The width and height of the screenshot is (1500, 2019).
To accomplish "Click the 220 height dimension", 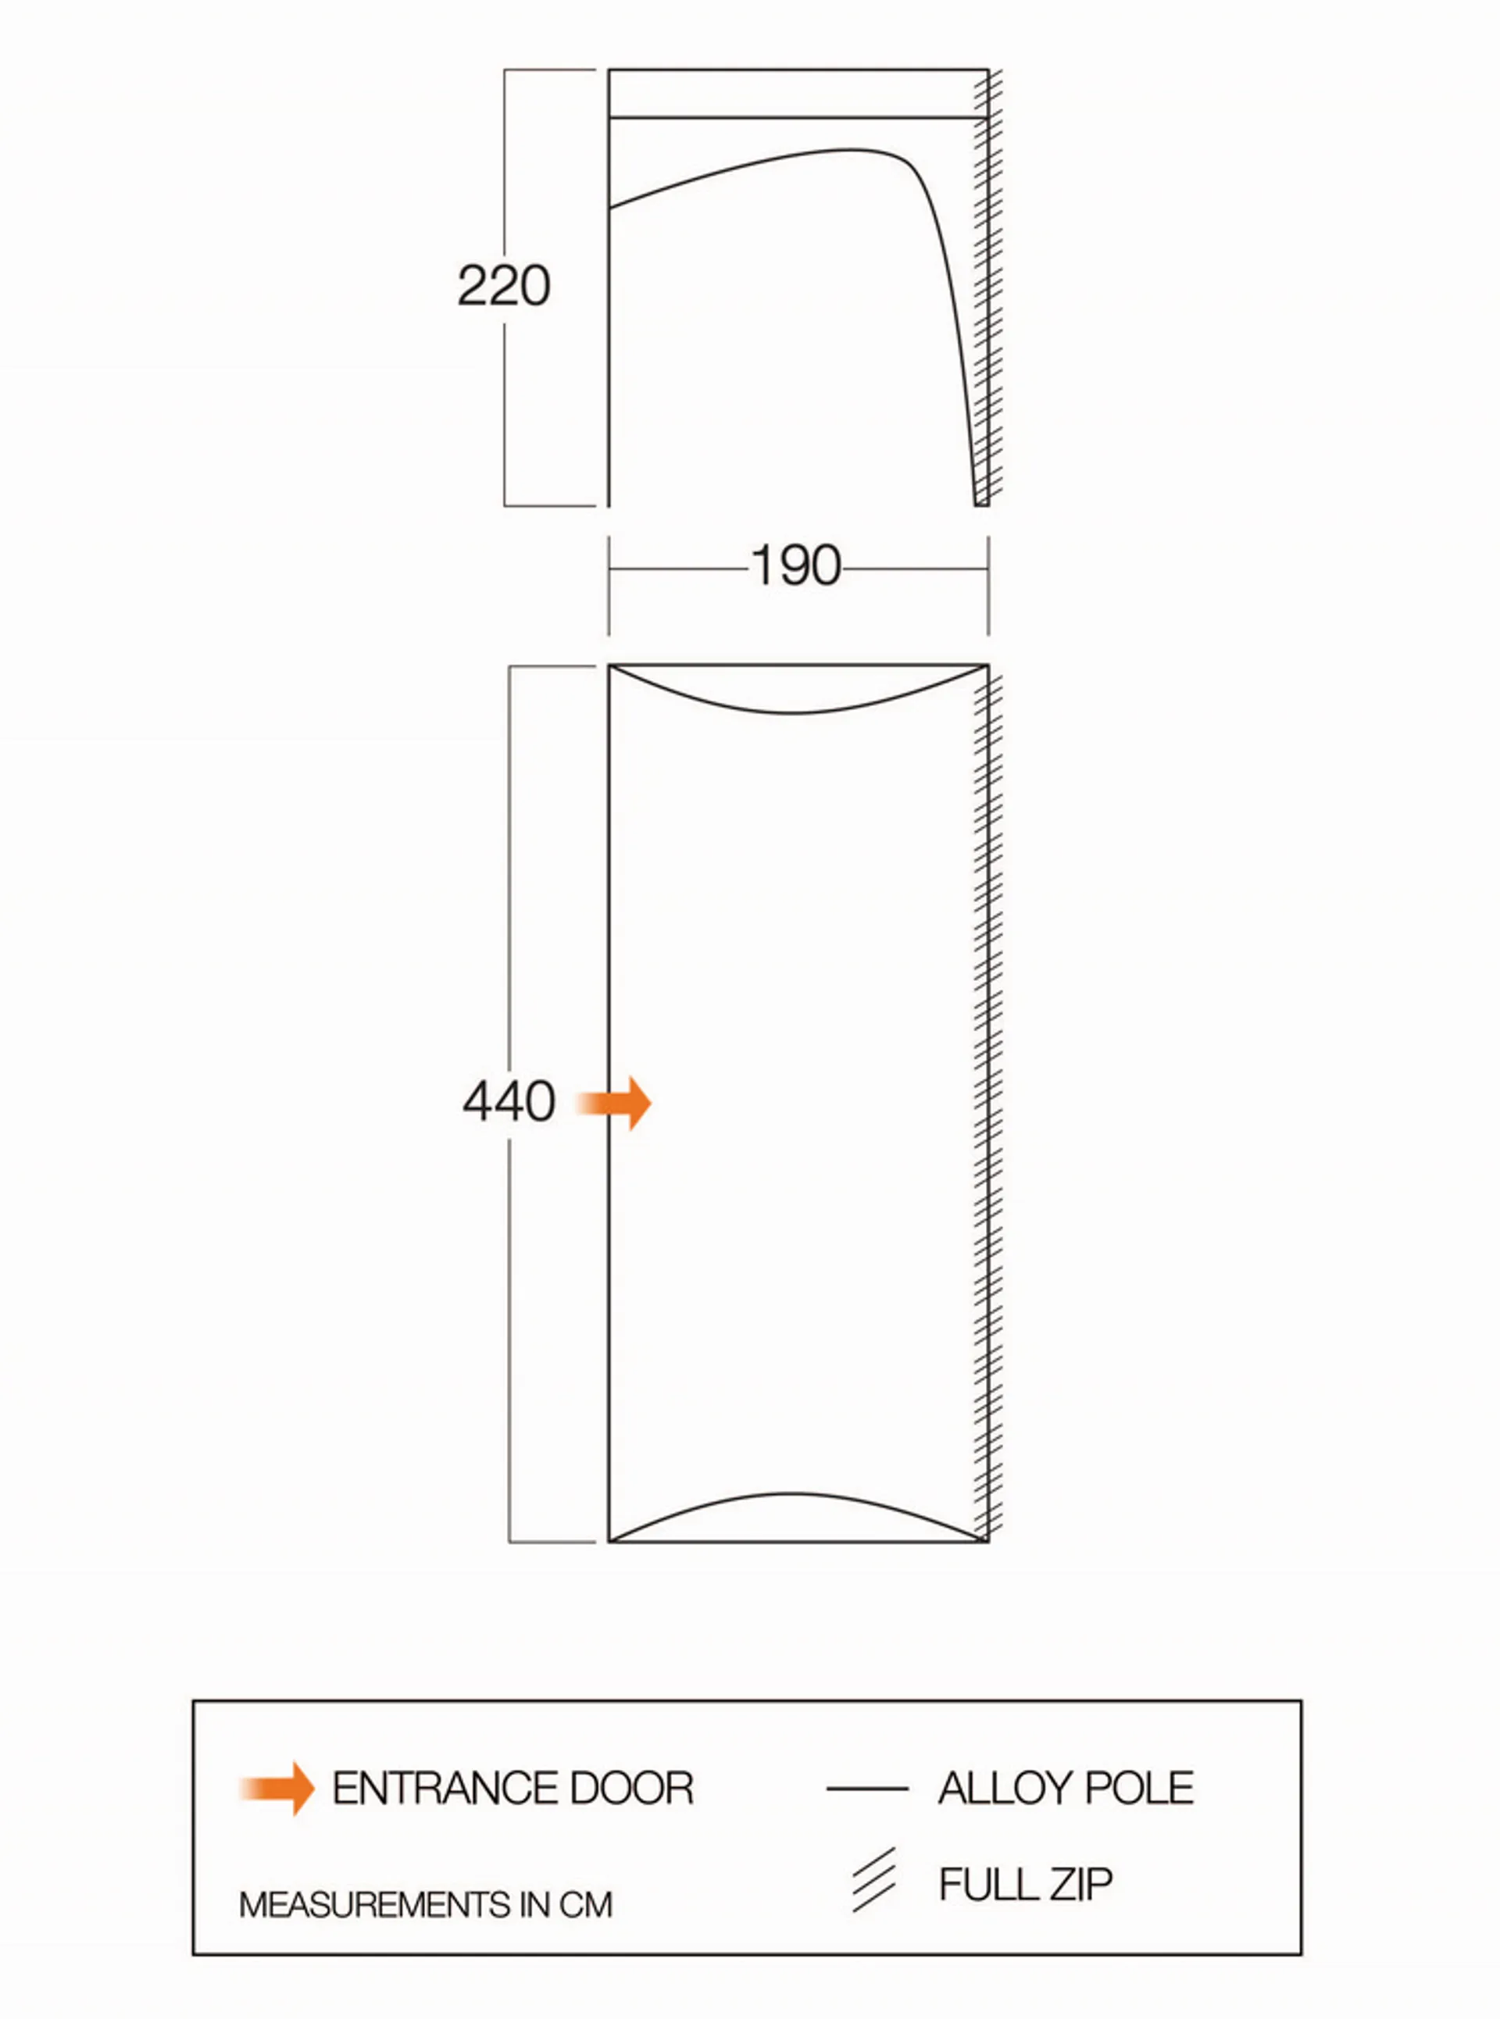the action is tap(504, 285).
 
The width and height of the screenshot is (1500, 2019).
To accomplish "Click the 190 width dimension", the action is tap(796, 565).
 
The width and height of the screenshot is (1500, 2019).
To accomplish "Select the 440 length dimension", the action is tap(509, 1101).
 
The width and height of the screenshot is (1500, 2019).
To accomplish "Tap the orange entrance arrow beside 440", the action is tap(615, 1103).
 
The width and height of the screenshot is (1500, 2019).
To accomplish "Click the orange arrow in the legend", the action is tap(277, 1789).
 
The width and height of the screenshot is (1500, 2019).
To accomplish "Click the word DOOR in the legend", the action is tap(618, 1789).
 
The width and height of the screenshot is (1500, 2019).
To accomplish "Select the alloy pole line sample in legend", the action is tap(867, 1789).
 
